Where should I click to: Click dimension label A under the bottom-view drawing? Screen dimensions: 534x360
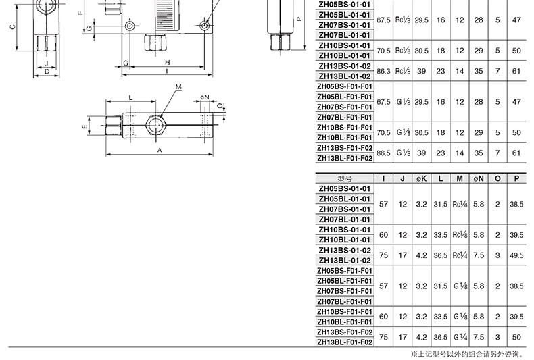coord(160,150)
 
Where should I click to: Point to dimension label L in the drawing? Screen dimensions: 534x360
coord(130,98)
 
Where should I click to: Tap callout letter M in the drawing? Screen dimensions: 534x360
coord(178,86)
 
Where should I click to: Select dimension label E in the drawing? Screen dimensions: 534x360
coord(84,126)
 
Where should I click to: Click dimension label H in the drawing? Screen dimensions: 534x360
coord(167,62)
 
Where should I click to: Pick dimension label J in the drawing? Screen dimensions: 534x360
coord(47,63)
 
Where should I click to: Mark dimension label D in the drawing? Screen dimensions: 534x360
coord(47,72)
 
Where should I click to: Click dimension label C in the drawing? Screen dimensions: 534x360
coord(13,27)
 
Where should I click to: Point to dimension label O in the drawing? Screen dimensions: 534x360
coord(220,106)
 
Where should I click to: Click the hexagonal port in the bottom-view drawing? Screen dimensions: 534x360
coord(156,125)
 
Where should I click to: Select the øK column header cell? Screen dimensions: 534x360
coord(421,178)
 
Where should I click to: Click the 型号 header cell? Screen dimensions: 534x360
coord(345,178)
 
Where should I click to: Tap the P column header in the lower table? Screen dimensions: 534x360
coord(516,178)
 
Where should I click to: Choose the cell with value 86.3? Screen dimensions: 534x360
coord(383,71)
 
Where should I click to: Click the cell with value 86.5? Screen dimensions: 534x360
coord(383,153)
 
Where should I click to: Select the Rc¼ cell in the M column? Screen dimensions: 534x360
coord(460,255)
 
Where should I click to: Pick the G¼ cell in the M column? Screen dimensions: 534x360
coord(460,337)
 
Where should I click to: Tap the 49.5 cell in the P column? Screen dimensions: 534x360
coord(516,255)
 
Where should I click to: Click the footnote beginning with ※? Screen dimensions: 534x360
coord(468,354)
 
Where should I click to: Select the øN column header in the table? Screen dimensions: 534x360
coord(479,178)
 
